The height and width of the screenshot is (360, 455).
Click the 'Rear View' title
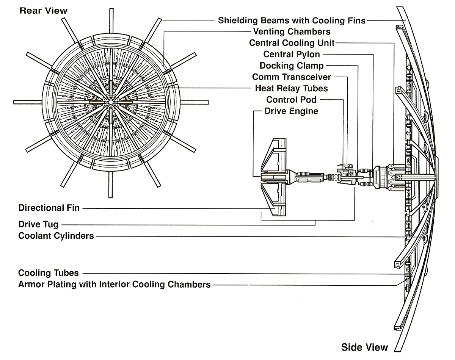[x=43, y=11]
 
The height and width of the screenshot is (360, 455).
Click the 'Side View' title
[x=364, y=347]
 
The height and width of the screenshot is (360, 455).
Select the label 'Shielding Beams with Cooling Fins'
[x=292, y=20]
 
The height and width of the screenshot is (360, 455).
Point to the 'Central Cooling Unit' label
[x=292, y=43]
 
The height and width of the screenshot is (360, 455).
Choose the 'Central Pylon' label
[x=292, y=54]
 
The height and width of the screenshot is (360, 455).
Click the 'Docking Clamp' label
[x=292, y=66]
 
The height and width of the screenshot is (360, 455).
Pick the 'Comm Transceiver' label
[x=292, y=77]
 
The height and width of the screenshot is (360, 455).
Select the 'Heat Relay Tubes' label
[x=292, y=88]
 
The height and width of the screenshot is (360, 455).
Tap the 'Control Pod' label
[x=292, y=100]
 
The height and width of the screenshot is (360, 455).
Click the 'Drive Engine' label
[x=292, y=111]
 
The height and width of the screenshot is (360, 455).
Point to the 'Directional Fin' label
[x=49, y=208]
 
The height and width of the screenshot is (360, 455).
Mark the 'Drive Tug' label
[x=38, y=225]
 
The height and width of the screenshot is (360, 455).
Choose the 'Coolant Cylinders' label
[x=56, y=236]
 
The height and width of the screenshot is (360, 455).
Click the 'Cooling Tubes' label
[x=49, y=273]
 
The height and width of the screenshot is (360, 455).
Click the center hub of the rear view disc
[x=110, y=102]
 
